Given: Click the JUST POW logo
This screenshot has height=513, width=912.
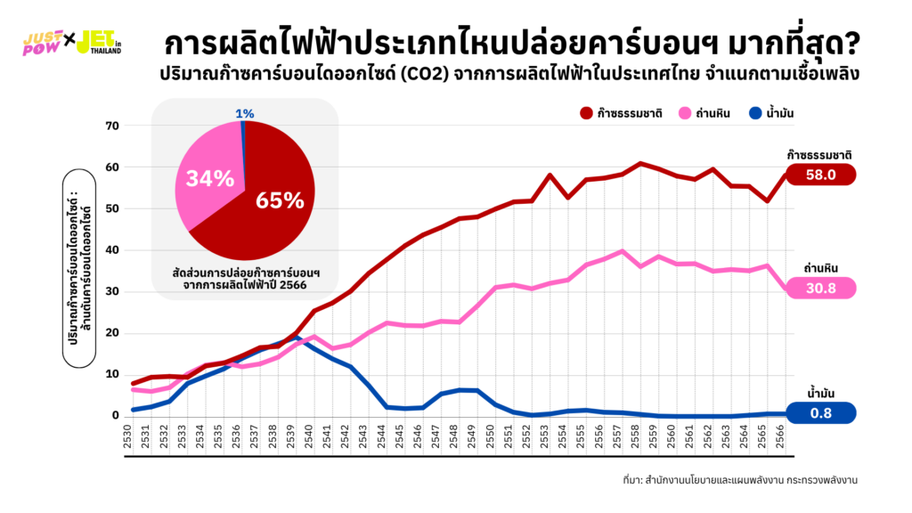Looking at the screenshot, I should tap(41, 43).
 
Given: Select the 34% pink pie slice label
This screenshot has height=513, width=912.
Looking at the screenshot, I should tap(209, 178).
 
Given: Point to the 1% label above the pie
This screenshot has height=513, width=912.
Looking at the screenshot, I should tap(245, 113).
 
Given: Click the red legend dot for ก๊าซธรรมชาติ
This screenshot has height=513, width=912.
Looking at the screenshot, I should tap(586, 113).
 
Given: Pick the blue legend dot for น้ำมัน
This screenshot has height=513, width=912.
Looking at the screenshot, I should tap(755, 113).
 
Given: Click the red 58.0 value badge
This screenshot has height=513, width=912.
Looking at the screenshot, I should tap(820, 175).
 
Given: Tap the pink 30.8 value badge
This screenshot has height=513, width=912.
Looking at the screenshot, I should tap(820, 289).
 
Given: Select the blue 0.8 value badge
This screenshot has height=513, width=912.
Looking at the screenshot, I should tap(820, 412).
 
